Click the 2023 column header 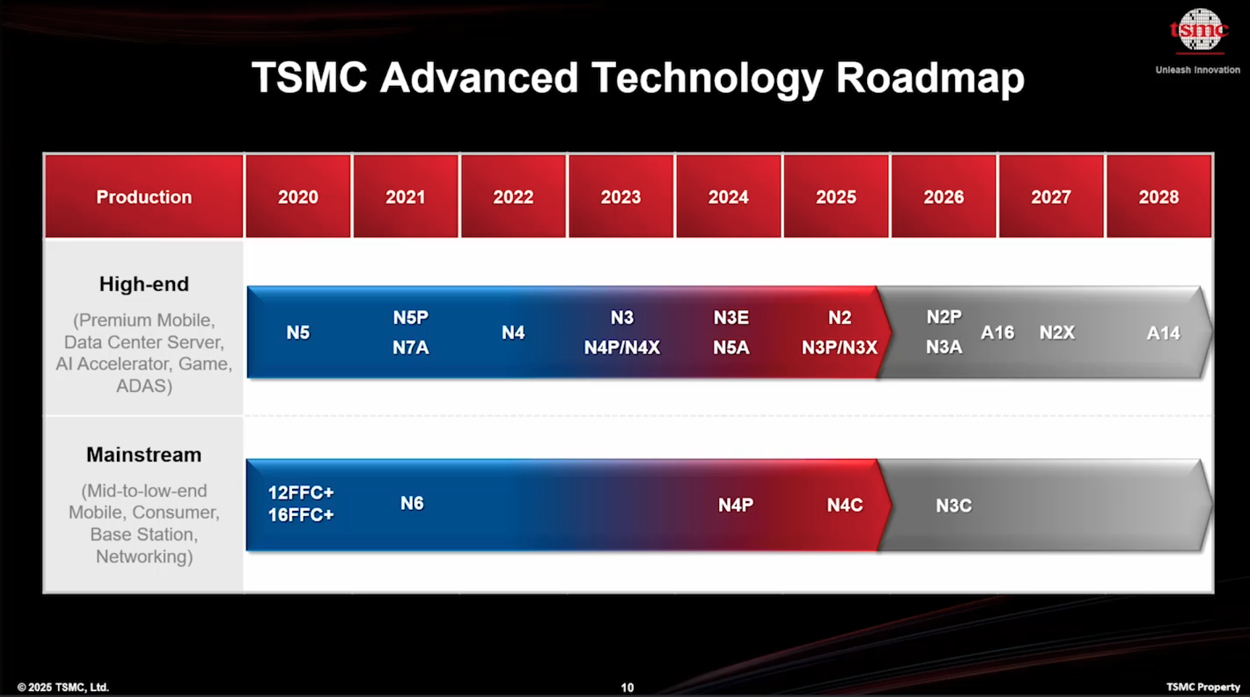pyautogui.click(x=621, y=197)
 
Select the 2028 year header pyautogui.click(x=1159, y=197)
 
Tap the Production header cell pyautogui.click(x=144, y=197)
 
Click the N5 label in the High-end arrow pyautogui.click(x=298, y=333)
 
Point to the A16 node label pyautogui.click(x=997, y=333)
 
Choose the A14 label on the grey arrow pyautogui.click(x=1163, y=333)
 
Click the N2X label pyautogui.click(x=1057, y=333)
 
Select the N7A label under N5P pyautogui.click(x=411, y=348)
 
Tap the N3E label pyautogui.click(x=731, y=317)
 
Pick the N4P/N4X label pyautogui.click(x=622, y=348)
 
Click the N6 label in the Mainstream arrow pyautogui.click(x=412, y=504)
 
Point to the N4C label pyautogui.click(x=845, y=505)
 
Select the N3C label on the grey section pyautogui.click(x=954, y=506)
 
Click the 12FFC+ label pyautogui.click(x=301, y=493)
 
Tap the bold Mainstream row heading pyautogui.click(x=144, y=455)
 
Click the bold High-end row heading pyautogui.click(x=144, y=284)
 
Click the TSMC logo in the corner pyautogui.click(x=1198, y=30)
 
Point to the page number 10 pyautogui.click(x=627, y=688)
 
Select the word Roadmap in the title pyautogui.click(x=930, y=78)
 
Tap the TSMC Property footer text pyautogui.click(x=1203, y=687)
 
